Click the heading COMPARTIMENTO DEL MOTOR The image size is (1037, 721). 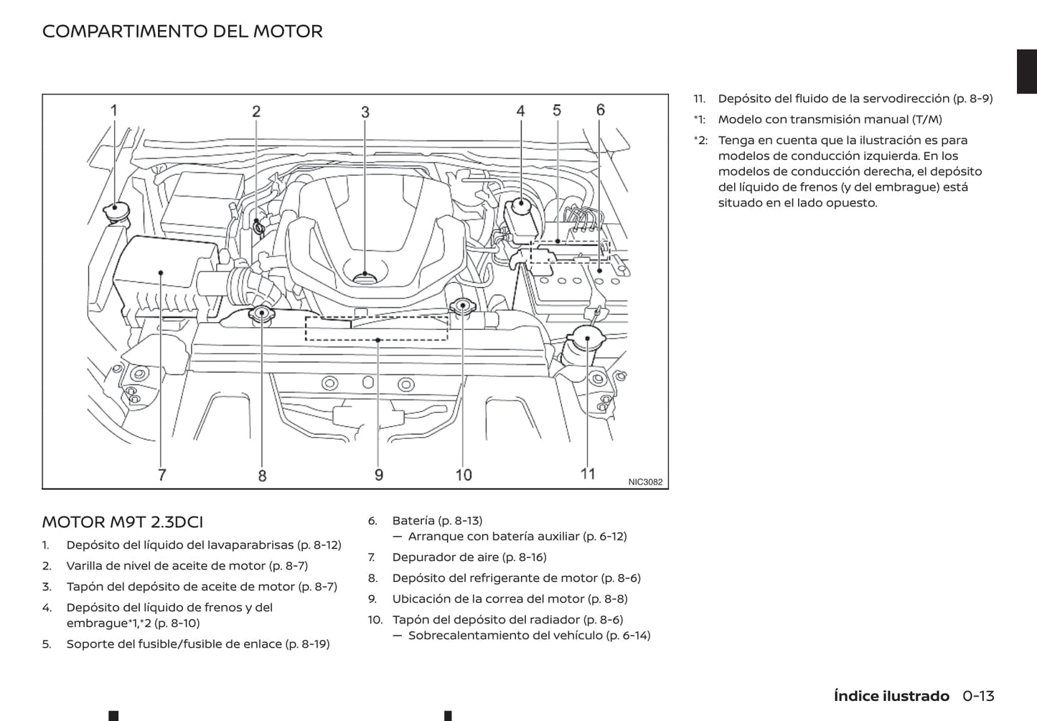pyautogui.click(x=182, y=32)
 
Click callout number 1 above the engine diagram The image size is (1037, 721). pyautogui.click(x=113, y=110)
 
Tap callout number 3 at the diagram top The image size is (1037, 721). pyautogui.click(x=365, y=112)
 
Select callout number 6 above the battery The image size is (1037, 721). pyautogui.click(x=601, y=110)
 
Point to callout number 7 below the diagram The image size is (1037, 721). pyautogui.click(x=162, y=474)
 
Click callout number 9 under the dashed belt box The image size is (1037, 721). pyautogui.click(x=379, y=475)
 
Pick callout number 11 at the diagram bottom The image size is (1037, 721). pyautogui.click(x=588, y=473)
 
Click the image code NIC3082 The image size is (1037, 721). pyautogui.click(x=645, y=482)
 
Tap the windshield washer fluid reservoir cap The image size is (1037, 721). pyautogui.click(x=113, y=209)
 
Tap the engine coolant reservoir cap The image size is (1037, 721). pyautogui.click(x=261, y=313)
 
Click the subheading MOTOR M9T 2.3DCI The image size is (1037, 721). pyautogui.click(x=122, y=522)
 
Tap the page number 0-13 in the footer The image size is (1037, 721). pyautogui.click(x=978, y=696)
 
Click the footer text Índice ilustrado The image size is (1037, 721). pyautogui.click(x=891, y=696)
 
